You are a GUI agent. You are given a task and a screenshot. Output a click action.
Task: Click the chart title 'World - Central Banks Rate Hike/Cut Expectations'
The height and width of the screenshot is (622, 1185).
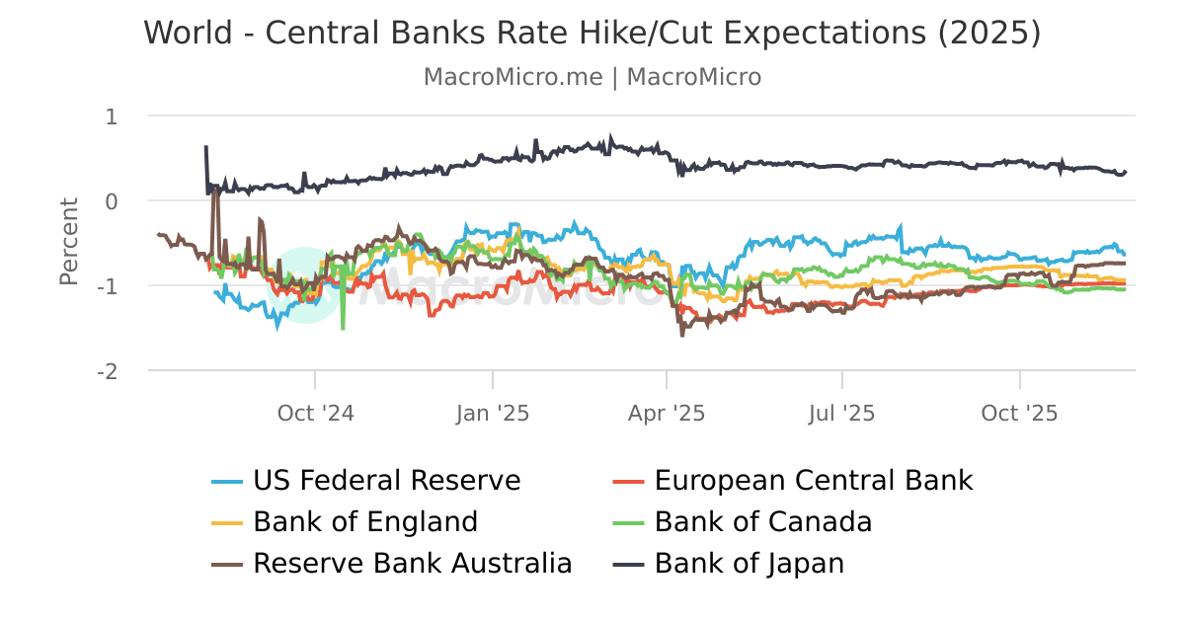[592, 33]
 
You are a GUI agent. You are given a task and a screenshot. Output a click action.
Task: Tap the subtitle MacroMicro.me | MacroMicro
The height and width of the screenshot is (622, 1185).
[592, 77]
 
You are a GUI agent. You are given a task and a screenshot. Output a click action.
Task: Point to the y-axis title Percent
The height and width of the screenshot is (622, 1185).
[69, 242]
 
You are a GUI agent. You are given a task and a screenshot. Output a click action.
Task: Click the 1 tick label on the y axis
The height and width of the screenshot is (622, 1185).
[111, 117]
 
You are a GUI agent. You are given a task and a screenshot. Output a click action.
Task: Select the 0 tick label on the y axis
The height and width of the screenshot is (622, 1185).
[111, 201]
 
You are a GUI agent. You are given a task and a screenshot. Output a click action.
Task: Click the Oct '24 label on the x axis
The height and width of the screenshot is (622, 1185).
[315, 413]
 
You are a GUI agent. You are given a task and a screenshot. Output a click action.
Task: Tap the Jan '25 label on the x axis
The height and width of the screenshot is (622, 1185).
[492, 413]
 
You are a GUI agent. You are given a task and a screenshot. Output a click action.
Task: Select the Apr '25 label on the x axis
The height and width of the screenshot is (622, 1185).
[667, 413]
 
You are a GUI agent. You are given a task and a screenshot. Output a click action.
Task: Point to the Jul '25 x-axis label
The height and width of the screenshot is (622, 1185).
[842, 413]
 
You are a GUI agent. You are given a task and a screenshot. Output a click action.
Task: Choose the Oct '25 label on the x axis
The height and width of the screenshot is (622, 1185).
[1019, 413]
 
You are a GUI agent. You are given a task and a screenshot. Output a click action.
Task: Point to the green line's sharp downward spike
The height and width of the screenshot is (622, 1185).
[343, 326]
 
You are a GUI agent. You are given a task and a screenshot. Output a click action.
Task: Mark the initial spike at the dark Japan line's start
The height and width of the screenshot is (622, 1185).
[205, 148]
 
